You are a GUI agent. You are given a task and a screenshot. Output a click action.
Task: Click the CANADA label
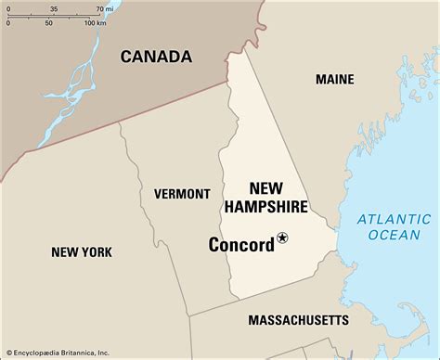(x=156, y=57)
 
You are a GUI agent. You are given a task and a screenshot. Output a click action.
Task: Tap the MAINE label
(x=334, y=80)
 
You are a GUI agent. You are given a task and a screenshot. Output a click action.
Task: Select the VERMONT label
(x=182, y=194)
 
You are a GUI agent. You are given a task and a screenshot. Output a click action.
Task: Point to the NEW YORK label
(x=82, y=251)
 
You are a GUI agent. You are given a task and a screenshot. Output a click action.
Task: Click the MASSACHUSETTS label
(x=298, y=320)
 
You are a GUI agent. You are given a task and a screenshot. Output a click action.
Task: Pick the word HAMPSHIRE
(x=265, y=206)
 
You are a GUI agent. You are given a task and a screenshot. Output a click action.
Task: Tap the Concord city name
(x=241, y=245)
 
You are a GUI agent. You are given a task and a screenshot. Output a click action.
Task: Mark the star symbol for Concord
(x=283, y=238)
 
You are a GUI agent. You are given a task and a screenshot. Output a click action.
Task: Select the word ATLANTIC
(x=395, y=219)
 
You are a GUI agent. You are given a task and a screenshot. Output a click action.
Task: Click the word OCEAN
(x=394, y=235)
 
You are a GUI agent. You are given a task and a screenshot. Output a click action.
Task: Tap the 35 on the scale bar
(x=53, y=8)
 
